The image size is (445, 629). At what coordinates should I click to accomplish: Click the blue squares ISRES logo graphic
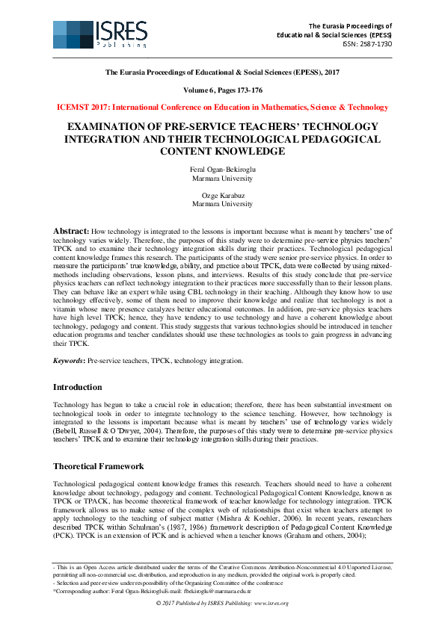point(73,34)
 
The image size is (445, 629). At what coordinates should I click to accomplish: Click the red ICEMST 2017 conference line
point(222,107)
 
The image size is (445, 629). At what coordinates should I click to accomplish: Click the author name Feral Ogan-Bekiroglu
point(222,170)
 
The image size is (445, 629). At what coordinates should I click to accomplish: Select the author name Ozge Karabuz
point(222,195)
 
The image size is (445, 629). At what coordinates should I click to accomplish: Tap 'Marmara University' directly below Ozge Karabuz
point(222,203)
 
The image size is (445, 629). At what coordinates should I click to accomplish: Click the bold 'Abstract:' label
point(72,232)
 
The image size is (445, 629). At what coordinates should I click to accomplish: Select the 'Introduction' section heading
point(77,387)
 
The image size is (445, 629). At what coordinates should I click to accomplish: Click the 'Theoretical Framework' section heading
point(98,466)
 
